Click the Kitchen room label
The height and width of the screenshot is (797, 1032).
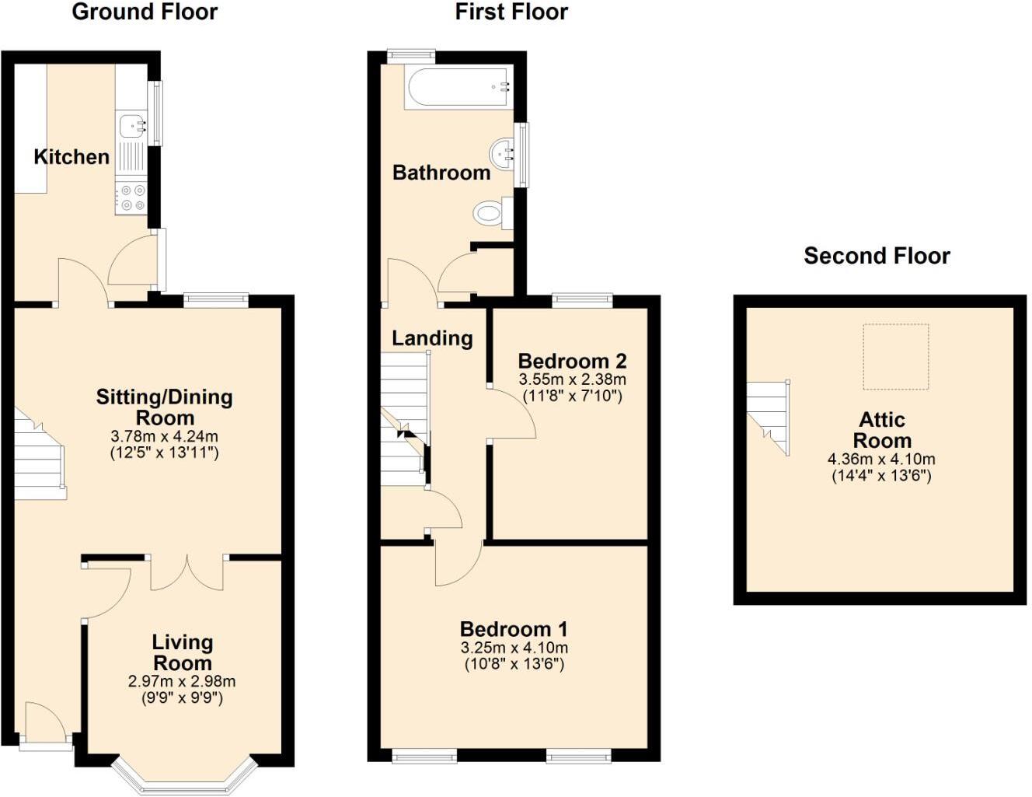click(71, 157)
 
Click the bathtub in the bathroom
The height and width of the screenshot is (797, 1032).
click(458, 86)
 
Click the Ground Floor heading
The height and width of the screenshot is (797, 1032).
click(145, 12)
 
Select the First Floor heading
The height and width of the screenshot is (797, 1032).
click(511, 12)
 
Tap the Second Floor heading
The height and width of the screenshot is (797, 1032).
click(877, 256)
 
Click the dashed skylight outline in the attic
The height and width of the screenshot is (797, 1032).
click(895, 357)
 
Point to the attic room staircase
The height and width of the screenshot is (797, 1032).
click(769, 416)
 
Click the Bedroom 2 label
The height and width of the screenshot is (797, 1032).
click(572, 361)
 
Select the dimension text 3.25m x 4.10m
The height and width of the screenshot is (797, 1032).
click(514, 648)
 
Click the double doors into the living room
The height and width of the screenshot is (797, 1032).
click(187, 573)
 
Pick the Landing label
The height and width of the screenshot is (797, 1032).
click(432, 338)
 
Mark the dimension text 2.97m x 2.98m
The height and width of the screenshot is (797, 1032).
click(182, 681)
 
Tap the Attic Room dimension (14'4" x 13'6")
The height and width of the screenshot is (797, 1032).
click(881, 476)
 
